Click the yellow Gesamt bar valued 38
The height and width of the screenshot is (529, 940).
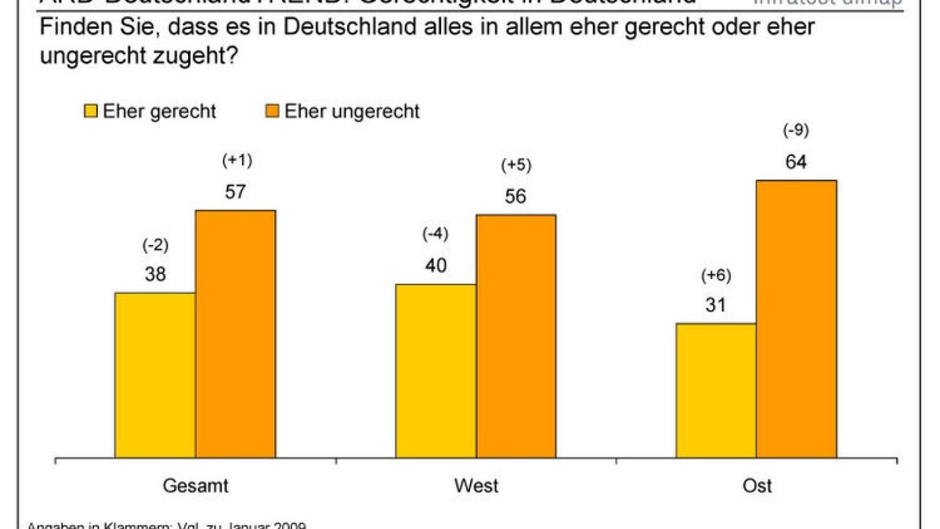click(155, 375)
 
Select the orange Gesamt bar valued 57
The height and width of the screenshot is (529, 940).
click(235, 333)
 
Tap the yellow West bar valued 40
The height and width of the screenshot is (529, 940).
click(436, 371)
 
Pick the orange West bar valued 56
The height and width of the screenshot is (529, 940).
click(515, 335)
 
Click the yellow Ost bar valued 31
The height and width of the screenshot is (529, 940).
click(716, 390)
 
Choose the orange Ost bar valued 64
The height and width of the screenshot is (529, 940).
click(796, 318)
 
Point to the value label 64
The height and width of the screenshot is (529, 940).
click(796, 163)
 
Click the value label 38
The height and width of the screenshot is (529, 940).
click(154, 275)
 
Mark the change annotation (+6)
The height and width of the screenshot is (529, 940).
click(715, 275)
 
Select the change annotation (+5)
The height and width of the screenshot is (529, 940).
click(515, 166)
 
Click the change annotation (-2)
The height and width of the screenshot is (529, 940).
click(154, 245)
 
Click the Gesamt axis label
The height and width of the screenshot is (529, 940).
click(196, 486)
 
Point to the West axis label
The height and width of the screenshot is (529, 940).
click(475, 486)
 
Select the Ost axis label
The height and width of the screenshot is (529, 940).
click(757, 486)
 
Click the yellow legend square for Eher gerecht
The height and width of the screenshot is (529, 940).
click(91, 111)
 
